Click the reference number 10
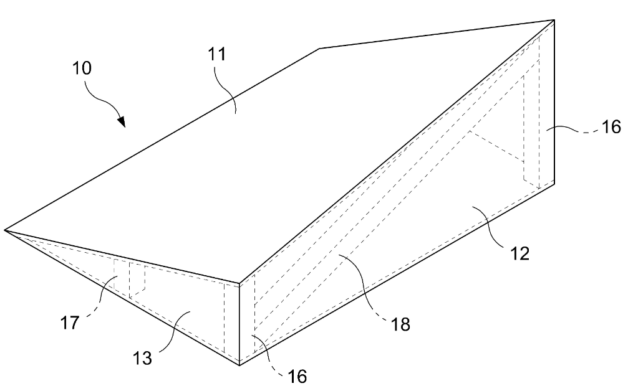click(x=82, y=68)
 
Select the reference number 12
click(x=520, y=253)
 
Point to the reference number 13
click(x=142, y=358)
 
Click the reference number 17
click(x=70, y=322)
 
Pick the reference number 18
click(x=400, y=324)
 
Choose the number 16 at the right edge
click(x=611, y=127)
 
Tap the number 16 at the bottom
click(x=297, y=376)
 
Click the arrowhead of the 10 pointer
click(x=122, y=121)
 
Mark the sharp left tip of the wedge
click(x=4, y=230)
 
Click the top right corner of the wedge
click(x=554, y=19)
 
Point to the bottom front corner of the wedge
click(x=239, y=365)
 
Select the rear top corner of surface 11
click(x=319, y=49)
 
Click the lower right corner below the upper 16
click(x=554, y=184)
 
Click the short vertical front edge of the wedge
click(x=239, y=324)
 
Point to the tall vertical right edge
click(x=554, y=101)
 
